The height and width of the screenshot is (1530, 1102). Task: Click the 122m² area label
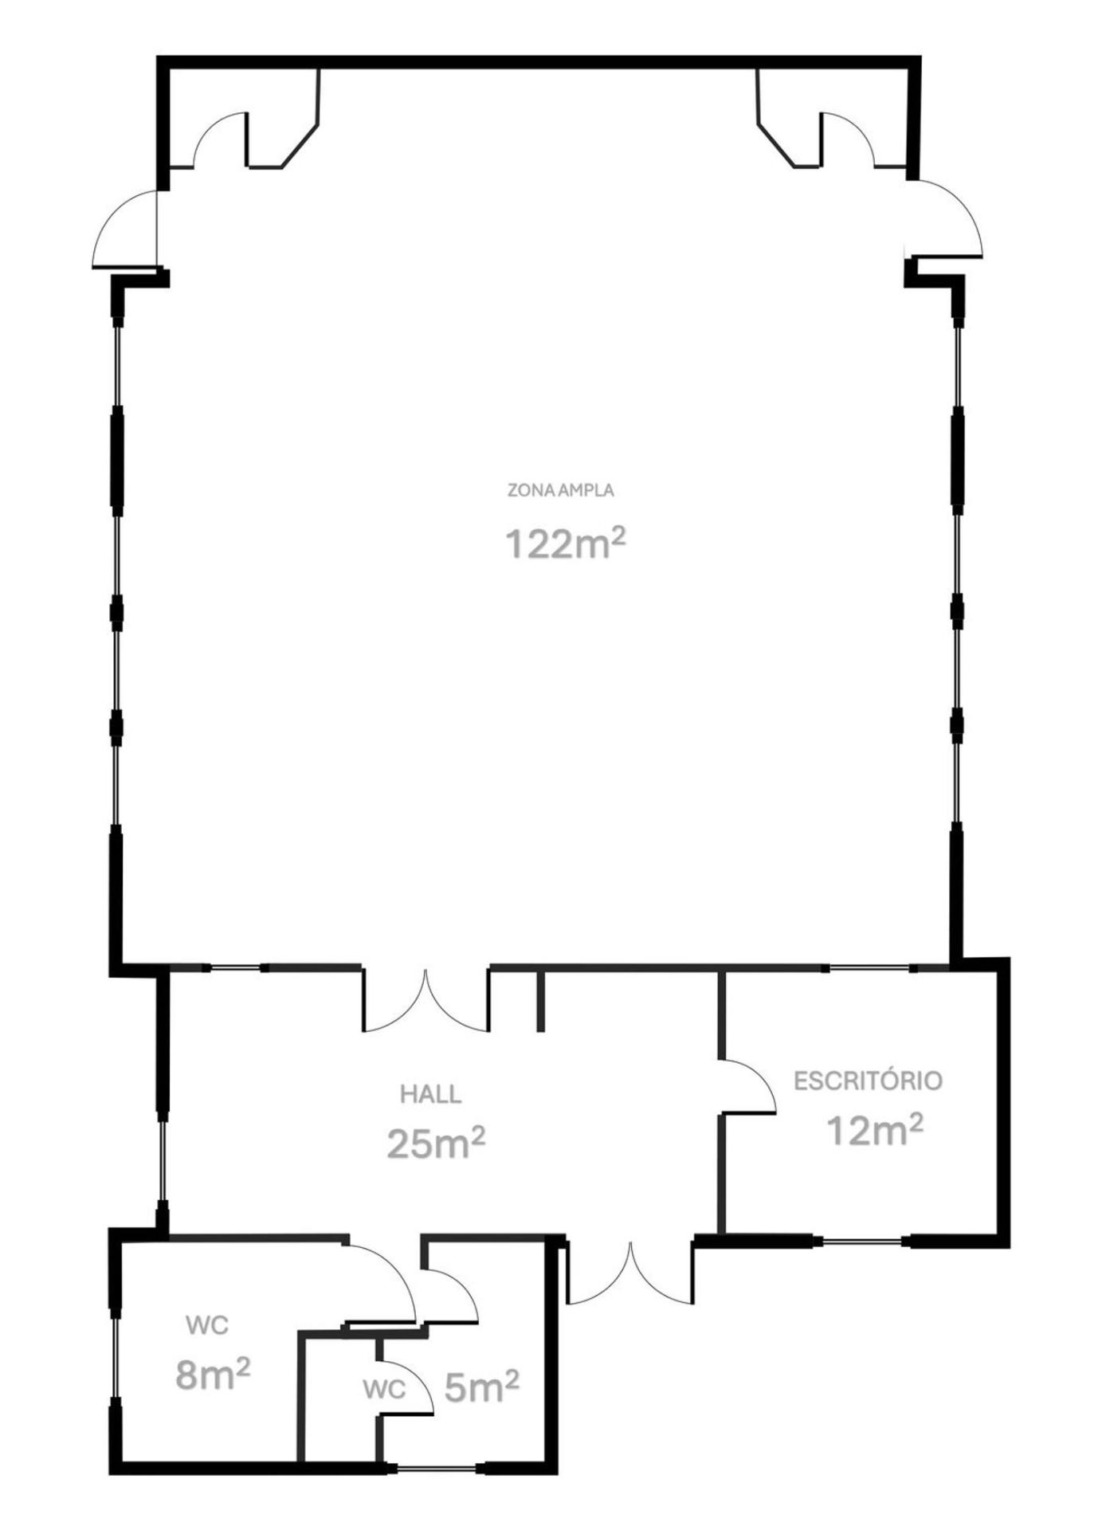(566, 543)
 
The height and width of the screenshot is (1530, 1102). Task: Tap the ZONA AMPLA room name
(561, 490)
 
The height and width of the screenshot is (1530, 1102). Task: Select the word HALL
(430, 1094)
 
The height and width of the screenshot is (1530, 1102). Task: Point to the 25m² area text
(436, 1144)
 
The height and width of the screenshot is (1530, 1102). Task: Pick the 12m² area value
(875, 1129)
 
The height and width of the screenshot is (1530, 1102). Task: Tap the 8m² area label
(213, 1374)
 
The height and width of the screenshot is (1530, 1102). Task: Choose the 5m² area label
(481, 1387)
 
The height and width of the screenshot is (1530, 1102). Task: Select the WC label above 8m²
(207, 1326)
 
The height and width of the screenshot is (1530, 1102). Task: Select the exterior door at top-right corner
(947, 218)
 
